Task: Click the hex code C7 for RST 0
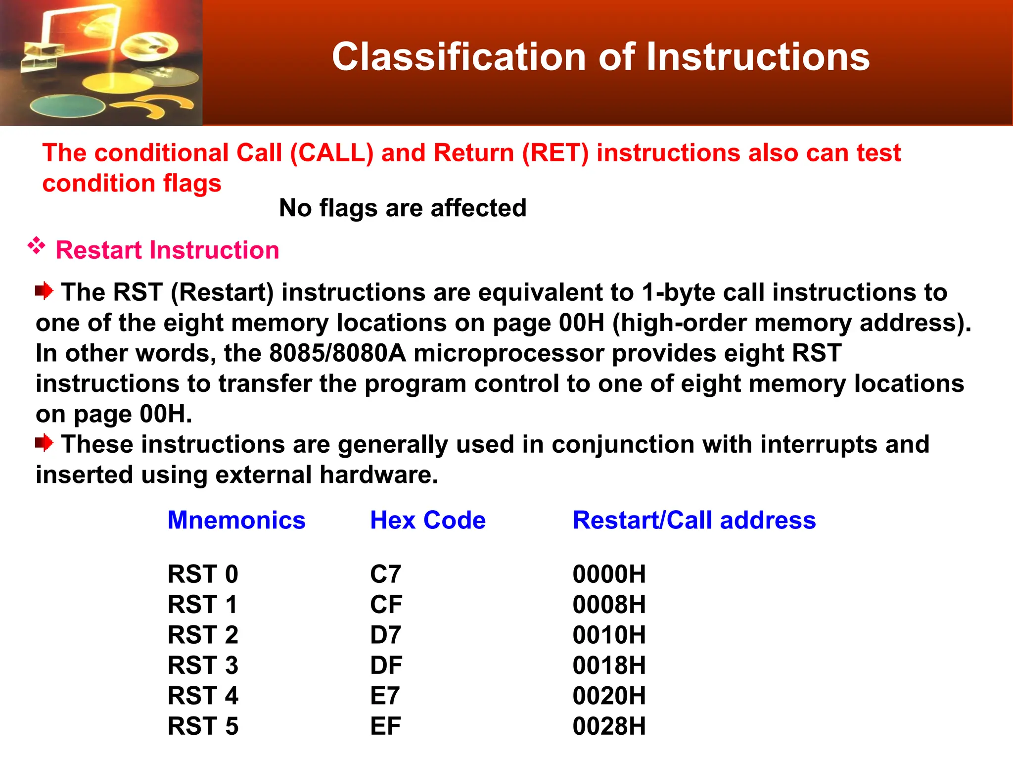click(385, 574)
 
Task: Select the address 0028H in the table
click(609, 726)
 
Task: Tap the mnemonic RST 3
click(203, 665)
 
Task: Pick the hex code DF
click(386, 665)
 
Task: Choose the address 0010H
click(609, 635)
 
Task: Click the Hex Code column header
click(428, 521)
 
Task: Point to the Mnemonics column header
click(236, 521)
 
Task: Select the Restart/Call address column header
click(694, 521)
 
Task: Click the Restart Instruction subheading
click(167, 250)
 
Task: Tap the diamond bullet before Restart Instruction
click(37, 245)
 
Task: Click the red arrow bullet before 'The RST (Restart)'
click(44, 290)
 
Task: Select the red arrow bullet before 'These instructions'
click(44, 442)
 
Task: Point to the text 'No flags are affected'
click(403, 208)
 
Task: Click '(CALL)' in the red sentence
click(331, 153)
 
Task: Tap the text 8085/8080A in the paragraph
click(337, 353)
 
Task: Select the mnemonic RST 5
click(203, 726)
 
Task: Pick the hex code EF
click(385, 726)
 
